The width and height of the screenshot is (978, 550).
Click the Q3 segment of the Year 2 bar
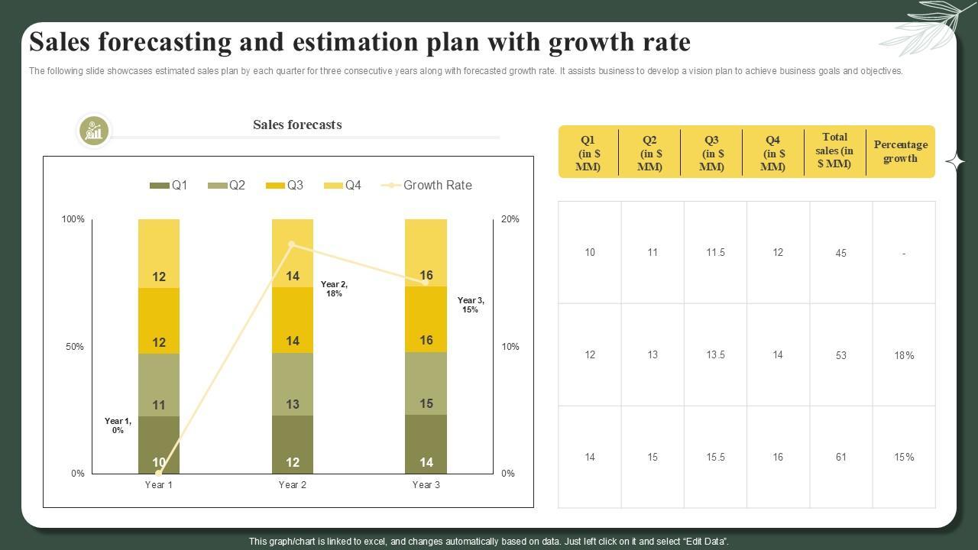click(293, 320)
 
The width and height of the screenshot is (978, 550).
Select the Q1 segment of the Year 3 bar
click(426, 445)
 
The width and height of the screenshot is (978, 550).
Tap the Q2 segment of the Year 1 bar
click(159, 385)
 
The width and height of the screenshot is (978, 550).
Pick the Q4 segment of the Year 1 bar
click(159, 253)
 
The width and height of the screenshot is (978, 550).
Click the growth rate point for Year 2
click(293, 244)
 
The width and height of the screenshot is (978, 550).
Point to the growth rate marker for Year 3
click(426, 283)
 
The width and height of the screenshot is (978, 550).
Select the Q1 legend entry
click(169, 185)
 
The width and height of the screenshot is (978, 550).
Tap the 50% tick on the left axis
click(74, 347)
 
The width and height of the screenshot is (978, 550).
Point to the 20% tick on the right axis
click(510, 219)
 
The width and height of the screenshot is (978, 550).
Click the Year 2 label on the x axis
click(293, 485)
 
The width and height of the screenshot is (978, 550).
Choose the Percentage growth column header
click(900, 151)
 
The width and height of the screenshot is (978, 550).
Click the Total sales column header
click(834, 151)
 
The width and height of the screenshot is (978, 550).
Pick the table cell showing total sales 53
click(840, 355)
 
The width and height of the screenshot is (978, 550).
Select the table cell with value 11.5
click(715, 253)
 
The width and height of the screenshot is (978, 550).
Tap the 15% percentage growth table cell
click(904, 458)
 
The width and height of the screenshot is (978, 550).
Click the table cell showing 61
click(840, 458)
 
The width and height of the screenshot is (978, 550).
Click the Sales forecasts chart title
click(297, 125)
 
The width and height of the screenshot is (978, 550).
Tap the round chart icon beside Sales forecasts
click(94, 131)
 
